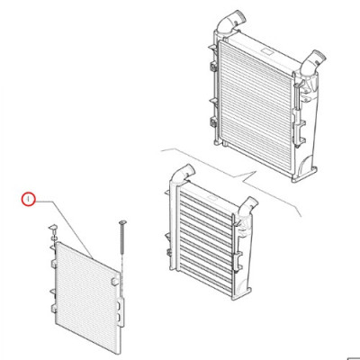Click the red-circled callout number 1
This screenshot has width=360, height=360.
pyautogui.click(x=28, y=199)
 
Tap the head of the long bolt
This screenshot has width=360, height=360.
pyautogui.click(x=123, y=222)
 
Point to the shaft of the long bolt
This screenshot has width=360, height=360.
pyautogui.click(x=122, y=239)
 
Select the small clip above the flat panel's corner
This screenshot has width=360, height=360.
pyautogui.click(x=54, y=229)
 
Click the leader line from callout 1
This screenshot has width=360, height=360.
pyautogui.click(x=65, y=229)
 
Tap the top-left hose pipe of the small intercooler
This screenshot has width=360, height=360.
pyautogui.click(x=182, y=173)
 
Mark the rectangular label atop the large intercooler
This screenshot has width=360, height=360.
pyautogui.click(x=266, y=51)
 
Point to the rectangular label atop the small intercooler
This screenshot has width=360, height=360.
pyautogui.click(x=213, y=199)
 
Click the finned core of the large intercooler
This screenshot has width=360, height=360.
pyautogui.click(x=256, y=106)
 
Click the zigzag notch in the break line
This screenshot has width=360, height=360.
pyautogui.click(x=249, y=177)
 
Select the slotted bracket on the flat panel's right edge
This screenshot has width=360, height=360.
pyautogui.click(x=121, y=312)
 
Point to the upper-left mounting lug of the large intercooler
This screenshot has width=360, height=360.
pyautogui.click(x=214, y=67)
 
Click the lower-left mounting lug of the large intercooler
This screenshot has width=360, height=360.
pyautogui.click(x=214, y=122)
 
